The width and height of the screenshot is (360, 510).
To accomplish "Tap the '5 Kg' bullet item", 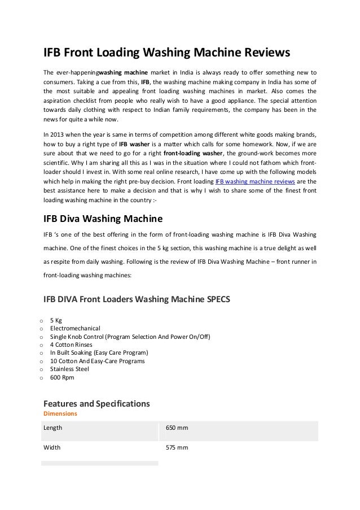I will pos(56,320).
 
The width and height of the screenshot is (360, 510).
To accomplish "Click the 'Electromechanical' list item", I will pos(75,328).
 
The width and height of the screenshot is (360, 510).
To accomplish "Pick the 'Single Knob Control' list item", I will pos(130,337).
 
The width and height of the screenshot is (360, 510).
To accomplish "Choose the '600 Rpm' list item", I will pos(62,377).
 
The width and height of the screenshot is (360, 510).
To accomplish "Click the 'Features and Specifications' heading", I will pos(96,404).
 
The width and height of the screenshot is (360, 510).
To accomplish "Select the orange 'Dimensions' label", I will pos(60,413).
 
